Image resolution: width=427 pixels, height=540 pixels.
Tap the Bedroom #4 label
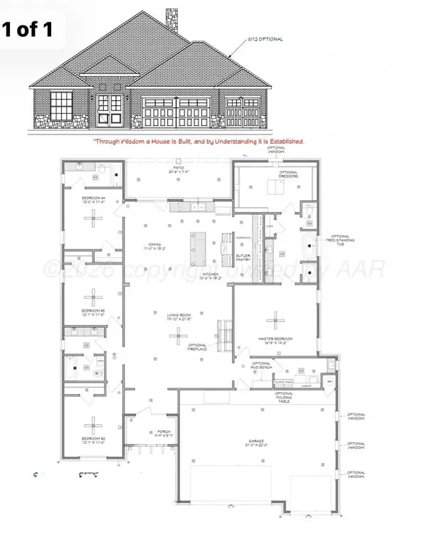(93, 200)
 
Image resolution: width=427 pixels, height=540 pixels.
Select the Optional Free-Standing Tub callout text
(340, 241)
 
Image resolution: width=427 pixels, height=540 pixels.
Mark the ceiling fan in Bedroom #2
(93, 419)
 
